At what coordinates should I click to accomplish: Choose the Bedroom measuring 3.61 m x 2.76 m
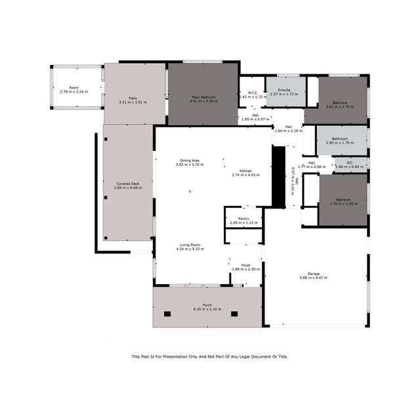pos(340,102)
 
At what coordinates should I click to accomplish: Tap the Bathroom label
pos(340,139)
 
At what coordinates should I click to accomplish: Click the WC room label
pos(349,162)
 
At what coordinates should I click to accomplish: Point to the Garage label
pos(314,274)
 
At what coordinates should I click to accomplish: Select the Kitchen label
pos(246,171)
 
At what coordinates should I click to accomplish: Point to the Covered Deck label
pos(127,184)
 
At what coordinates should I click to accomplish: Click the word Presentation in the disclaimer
pos(173,356)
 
